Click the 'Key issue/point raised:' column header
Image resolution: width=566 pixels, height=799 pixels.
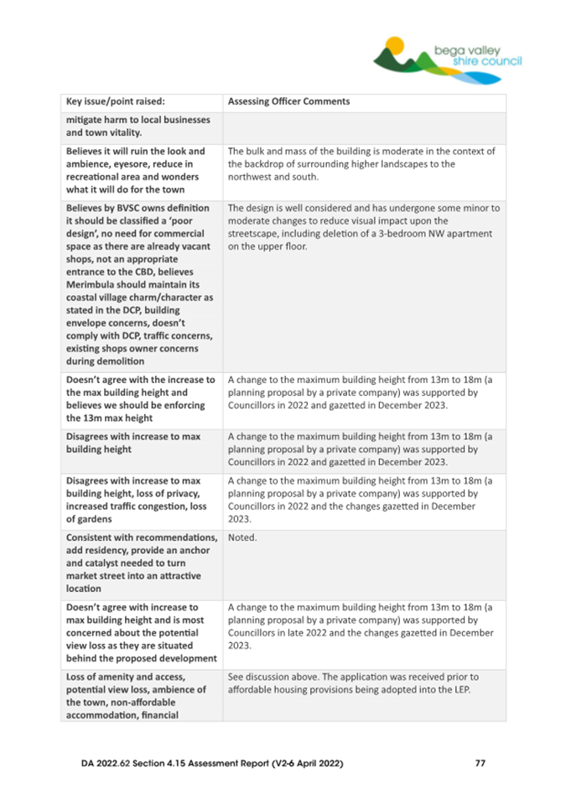tap(117, 102)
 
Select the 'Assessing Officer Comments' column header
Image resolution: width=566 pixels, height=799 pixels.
tap(288, 102)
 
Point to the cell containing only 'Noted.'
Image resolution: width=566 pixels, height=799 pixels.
tap(242, 538)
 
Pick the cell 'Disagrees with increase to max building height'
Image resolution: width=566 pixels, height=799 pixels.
tap(133, 443)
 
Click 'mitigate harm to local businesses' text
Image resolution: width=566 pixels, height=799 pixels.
tap(138, 120)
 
